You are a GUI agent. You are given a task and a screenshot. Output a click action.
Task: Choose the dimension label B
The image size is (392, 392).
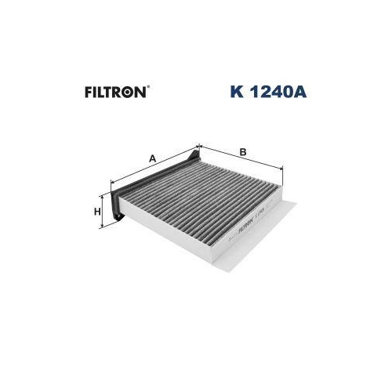tap(244, 151)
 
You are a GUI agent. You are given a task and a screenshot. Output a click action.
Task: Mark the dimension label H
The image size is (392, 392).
tap(97, 212)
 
